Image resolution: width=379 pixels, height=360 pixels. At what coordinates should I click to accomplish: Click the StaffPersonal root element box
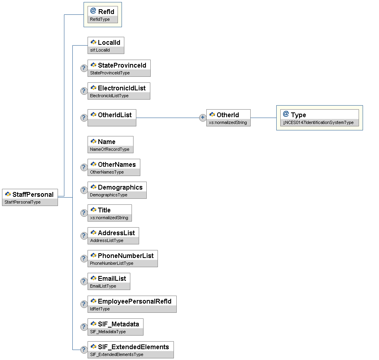click(x=30, y=197)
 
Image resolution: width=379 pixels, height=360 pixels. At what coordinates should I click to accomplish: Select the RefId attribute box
click(x=102, y=14)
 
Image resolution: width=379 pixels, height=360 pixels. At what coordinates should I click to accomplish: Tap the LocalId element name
click(x=109, y=42)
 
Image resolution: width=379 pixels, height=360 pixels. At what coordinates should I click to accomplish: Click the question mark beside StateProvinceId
click(x=84, y=68)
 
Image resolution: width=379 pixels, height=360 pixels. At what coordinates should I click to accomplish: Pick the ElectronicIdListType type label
click(x=109, y=96)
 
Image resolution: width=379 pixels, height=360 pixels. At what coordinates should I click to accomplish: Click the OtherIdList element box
click(x=112, y=118)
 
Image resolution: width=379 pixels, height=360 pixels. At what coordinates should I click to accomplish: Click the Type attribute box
click(x=319, y=118)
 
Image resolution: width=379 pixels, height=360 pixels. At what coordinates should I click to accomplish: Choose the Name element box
click(x=110, y=144)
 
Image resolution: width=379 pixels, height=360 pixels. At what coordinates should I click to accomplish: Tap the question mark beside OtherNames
click(x=84, y=167)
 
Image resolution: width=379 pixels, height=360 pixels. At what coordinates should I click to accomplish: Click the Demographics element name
click(x=120, y=187)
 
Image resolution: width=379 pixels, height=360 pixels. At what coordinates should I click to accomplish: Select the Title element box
click(x=110, y=213)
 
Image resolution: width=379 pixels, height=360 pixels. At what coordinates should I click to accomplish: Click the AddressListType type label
click(x=107, y=241)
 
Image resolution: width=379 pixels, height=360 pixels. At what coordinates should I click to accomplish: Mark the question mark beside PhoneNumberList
click(x=84, y=258)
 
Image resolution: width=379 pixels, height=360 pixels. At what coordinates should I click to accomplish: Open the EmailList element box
click(x=109, y=281)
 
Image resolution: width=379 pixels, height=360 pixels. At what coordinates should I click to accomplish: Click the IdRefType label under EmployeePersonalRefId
click(x=100, y=309)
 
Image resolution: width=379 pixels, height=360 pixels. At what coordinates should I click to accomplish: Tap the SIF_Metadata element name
click(x=118, y=324)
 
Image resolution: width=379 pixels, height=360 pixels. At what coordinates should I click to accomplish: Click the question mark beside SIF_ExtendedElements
click(x=84, y=350)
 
